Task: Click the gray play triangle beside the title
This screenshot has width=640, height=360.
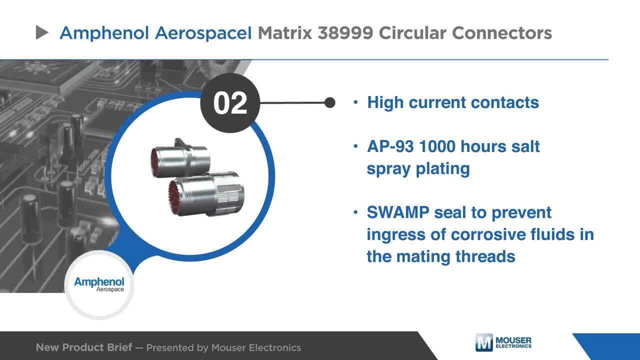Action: [41, 32]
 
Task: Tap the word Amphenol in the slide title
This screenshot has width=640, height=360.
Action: [104, 33]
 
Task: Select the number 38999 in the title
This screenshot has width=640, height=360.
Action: [345, 33]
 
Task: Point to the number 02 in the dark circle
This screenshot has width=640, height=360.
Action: [230, 103]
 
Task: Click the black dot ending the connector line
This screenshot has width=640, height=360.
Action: [330, 102]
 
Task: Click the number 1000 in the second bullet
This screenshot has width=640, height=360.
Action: [437, 146]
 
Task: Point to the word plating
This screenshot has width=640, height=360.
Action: [442, 169]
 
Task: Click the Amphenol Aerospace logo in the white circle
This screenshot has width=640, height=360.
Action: [99, 285]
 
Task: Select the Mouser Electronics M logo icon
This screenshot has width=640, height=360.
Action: [484, 342]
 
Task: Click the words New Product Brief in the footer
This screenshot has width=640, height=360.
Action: [84, 347]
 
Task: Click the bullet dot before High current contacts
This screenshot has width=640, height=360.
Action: [355, 102]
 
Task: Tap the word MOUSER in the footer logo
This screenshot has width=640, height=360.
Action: [513, 340]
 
